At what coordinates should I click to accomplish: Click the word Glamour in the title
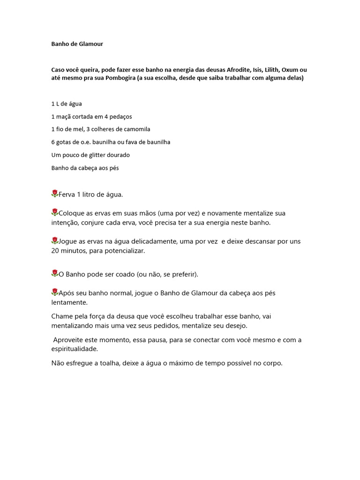[x=90, y=44]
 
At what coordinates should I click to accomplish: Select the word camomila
[x=135, y=129]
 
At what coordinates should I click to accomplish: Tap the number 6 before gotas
[x=53, y=142]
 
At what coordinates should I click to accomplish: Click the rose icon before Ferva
[x=55, y=194]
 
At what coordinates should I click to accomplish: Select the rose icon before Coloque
[x=55, y=212]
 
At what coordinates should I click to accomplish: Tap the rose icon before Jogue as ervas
[x=55, y=240]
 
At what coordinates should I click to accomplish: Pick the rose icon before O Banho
[x=55, y=273]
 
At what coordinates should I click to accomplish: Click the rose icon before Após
[x=55, y=292]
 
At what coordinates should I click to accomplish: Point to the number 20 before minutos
[x=56, y=251]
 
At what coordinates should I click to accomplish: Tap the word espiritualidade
[x=75, y=349]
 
